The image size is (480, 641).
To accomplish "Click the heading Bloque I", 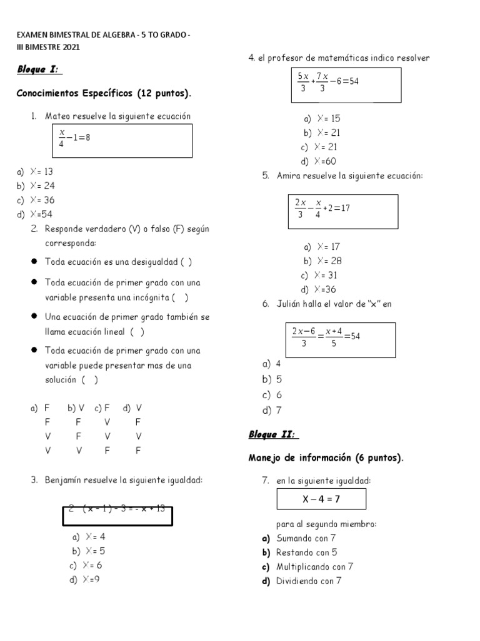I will (40, 69).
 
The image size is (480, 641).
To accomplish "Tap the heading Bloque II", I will (273, 434).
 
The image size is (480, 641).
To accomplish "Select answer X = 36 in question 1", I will (36, 200).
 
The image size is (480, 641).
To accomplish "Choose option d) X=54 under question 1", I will (34, 215).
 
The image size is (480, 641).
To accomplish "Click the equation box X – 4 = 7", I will (321, 499).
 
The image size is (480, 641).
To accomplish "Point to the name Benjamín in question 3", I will (64, 480).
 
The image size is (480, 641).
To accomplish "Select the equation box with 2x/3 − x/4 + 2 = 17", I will (342, 211).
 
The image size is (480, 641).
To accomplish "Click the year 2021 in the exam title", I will (69, 47).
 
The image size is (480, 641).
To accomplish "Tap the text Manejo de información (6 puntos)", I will (326, 458).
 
